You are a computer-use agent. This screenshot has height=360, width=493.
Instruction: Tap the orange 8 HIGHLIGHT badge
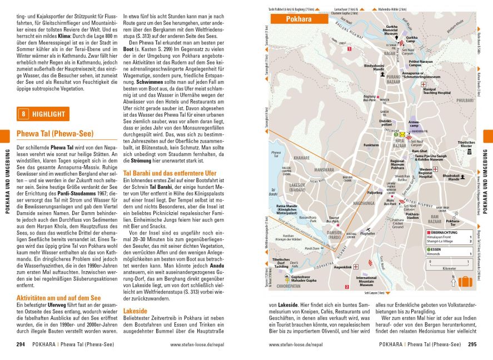tap(43, 114)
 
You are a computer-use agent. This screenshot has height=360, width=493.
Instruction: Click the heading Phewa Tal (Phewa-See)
tap(54, 134)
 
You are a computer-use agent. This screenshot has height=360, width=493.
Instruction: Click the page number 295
tap(472, 344)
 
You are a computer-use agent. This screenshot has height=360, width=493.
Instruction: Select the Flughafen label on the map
tap(367, 234)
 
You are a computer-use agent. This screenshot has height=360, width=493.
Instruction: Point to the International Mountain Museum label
tap(366, 281)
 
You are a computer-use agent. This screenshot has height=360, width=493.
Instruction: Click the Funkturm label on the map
tap(371, 145)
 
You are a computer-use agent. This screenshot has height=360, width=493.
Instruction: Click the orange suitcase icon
tap(465, 281)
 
